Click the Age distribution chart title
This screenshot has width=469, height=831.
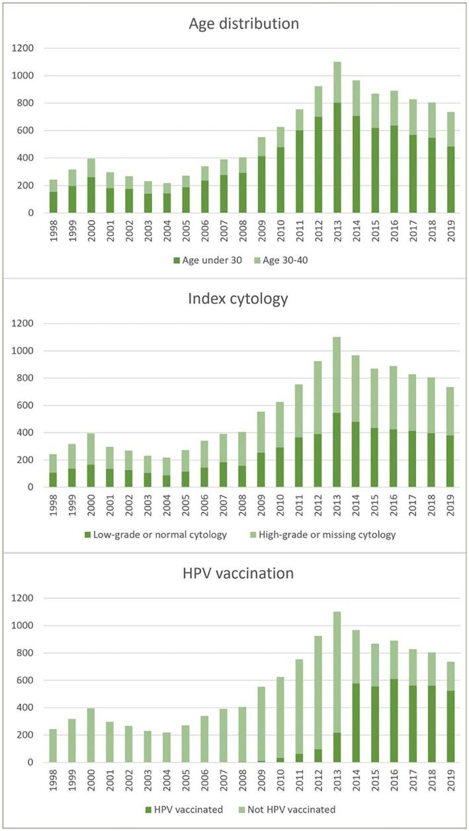234,24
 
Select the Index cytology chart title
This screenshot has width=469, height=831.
234,299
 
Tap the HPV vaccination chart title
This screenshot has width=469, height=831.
234,573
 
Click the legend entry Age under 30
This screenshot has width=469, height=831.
203,260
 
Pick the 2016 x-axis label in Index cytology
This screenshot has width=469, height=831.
376,504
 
